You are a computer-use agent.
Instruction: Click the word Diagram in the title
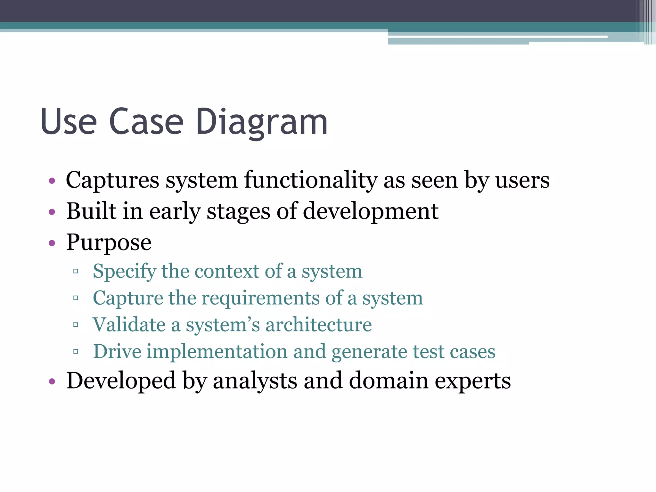[262, 122]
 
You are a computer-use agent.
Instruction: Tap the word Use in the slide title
[69, 122]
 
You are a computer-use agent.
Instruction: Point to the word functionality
[310, 180]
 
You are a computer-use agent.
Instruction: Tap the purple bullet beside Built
[52, 212]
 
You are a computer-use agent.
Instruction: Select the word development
[370, 211]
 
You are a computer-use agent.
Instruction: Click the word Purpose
[109, 243]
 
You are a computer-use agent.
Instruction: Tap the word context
[227, 271]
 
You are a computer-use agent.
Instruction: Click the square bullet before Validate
[76, 325]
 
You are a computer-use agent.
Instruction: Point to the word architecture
[318, 325]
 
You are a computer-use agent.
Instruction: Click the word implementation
[217, 351]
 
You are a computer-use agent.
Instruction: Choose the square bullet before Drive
[76, 352]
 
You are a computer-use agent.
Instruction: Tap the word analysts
[255, 381]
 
